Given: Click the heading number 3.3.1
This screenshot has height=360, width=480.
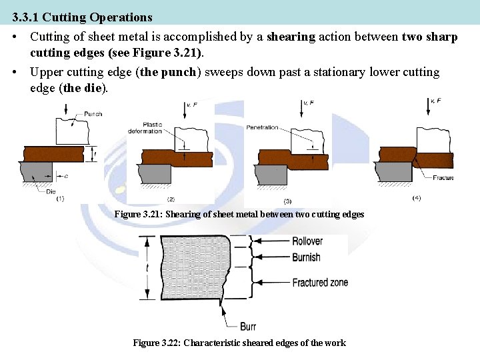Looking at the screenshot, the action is (x=25, y=17).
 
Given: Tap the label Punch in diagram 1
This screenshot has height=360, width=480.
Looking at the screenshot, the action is (x=93, y=114).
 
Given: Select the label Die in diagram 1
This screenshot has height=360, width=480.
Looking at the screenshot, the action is (x=51, y=192).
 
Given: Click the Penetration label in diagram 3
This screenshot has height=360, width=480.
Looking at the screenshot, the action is (x=262, y=127).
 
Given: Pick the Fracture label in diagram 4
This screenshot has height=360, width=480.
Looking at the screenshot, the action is (x=443, y=178).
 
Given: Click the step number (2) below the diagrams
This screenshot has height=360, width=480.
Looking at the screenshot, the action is (x=171, y=199).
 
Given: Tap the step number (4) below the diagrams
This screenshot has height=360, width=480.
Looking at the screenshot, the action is (x=417, y=198).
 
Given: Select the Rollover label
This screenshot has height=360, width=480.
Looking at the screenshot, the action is (x=307, y=241).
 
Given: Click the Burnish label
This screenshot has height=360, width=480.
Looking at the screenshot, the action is (x=306, y=257).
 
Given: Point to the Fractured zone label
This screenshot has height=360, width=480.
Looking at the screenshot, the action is (x=320, y=283).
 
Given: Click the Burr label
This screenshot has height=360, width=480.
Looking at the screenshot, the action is (x=247, y=326).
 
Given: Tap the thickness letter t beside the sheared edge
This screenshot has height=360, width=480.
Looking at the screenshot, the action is (x=149, y=268).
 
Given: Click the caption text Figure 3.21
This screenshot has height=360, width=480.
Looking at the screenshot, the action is (x=137, y=215).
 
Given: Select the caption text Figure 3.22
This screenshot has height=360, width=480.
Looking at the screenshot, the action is (x=156, y=343).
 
